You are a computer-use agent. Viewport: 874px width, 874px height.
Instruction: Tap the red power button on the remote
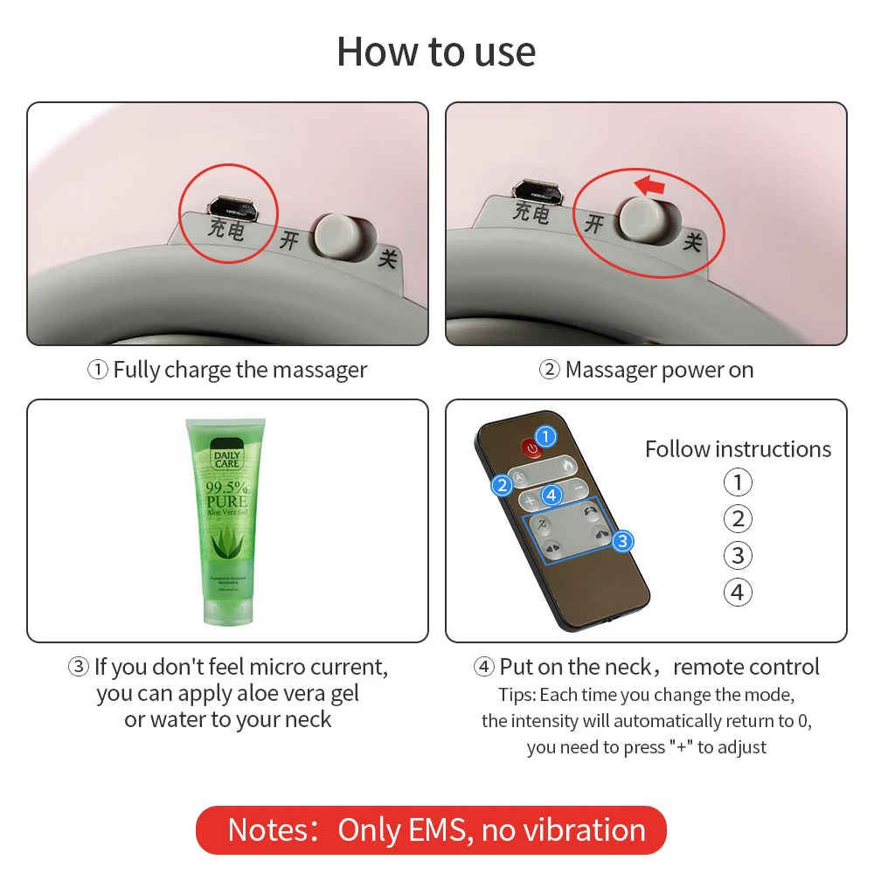pos(531,448)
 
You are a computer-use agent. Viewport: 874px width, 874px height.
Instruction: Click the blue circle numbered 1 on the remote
pos(546,436)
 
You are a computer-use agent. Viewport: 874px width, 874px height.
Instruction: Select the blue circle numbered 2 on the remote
pos(502,485)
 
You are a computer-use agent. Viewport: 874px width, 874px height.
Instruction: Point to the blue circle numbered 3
pos(621,541)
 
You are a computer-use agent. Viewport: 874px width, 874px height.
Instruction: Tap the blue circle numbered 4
pos(551,496)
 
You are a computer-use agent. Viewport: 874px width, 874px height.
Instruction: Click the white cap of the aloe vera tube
pos(227,611)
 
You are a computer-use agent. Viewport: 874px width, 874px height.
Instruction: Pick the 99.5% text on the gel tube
pos(227,487)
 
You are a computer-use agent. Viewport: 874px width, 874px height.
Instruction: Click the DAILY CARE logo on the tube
pos(227,459)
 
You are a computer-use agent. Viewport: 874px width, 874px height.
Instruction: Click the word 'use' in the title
pos(505,52)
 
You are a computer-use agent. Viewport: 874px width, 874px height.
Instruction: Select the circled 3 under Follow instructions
pos(738,555)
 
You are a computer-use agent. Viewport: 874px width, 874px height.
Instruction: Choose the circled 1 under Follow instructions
pos(738,482)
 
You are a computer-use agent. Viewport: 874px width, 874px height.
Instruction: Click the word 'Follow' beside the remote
pos(677,449)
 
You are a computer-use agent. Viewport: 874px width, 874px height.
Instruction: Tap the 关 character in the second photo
pos(693,240)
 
